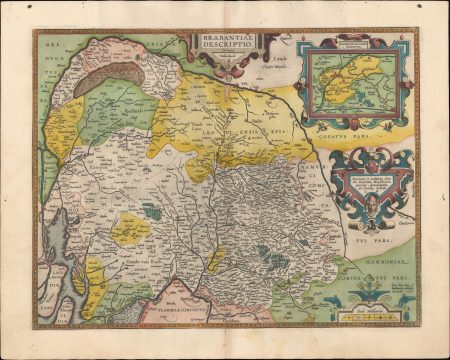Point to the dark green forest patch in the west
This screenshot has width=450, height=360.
(x=151, y=211)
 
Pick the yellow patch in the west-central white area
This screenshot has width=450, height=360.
(x=130, y=231)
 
